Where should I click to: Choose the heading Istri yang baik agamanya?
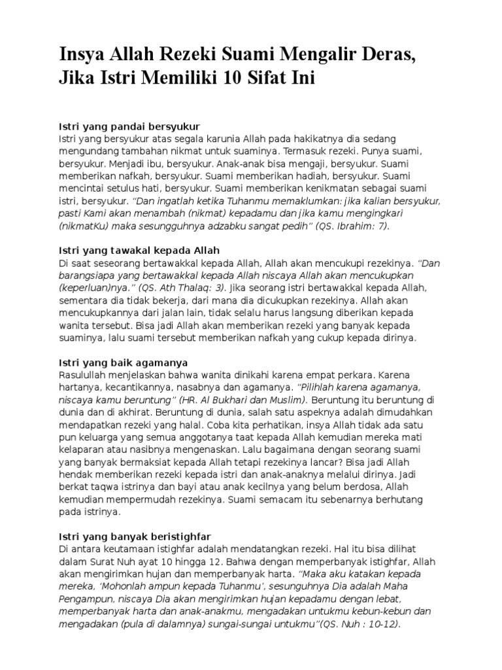pyautogui.click(x=124, y=362)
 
